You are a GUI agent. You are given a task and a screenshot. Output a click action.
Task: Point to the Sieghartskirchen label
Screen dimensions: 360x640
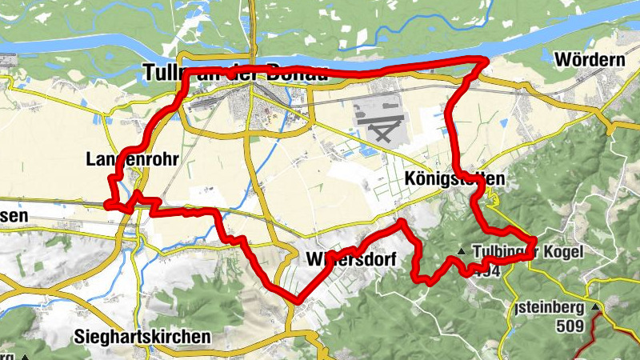click(x=145, y=337)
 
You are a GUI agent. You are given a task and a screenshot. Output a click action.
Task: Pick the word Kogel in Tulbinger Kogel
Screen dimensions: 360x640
click(x=566, y=252)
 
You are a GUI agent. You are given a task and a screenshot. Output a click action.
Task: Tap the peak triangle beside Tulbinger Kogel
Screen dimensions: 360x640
click(x=461, y=252)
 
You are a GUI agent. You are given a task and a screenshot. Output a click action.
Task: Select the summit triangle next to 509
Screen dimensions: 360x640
click(x=595, y=306)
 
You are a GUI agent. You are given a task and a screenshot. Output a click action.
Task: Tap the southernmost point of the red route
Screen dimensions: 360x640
click(x=298, y=302)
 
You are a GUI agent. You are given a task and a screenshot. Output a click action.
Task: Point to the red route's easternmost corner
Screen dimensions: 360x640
click(x=534, y=239)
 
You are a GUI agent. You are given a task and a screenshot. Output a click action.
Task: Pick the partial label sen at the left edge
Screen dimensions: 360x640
click(x=14, y=216)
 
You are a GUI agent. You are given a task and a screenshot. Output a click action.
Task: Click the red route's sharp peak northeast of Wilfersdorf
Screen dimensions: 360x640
click(x=402, y=221)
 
